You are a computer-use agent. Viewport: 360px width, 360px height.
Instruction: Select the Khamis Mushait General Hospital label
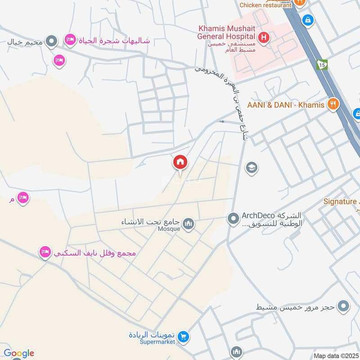pyautogui.click(x=228, y=33)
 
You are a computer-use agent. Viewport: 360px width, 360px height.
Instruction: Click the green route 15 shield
pyautogui.click(x=322, y=64)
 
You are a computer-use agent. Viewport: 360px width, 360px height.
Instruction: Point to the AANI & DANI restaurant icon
pyautogui.click(x=333, y=104)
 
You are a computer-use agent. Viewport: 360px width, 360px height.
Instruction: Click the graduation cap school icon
pyautogui.click(x=252, y=168)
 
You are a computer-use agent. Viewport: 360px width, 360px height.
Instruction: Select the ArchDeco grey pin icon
pyautogui.click(x=233, y=219)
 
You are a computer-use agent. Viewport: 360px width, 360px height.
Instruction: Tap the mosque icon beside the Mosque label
pyautogui.click(x=189, y=223)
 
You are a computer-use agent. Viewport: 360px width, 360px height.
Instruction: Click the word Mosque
pyautogui.click(x=169, y=229)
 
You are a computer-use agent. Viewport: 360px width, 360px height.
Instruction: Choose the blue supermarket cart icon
pyautogui.click(x=183, y=336)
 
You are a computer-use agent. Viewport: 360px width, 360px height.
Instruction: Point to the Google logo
pyautogui.click(x=19, y=354)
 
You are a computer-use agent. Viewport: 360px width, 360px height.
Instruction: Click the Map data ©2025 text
pyautogui.click(x=336, y=355)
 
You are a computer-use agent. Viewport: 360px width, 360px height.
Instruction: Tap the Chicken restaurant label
pyautogui.click(x=266, y=5)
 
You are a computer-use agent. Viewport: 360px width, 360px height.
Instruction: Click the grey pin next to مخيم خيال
pyautogui.click(x=52, y=42)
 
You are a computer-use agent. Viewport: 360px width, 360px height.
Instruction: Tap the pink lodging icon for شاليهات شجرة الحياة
pyautogui.click(x=70, y=40)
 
